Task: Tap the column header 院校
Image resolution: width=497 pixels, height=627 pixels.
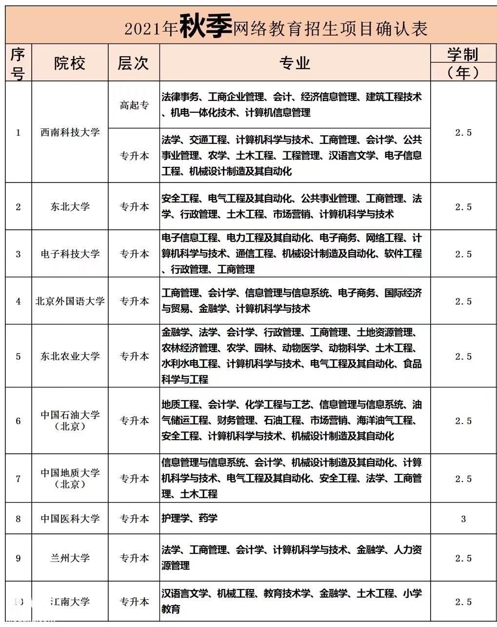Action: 70,63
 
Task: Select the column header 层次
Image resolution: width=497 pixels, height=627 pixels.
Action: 133,63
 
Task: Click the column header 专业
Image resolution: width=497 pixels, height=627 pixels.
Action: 295,63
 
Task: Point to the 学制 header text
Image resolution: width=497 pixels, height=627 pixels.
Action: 463,54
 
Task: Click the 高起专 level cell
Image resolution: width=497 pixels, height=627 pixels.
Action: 134,105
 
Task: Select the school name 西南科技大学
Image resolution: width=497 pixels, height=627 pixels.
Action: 70,132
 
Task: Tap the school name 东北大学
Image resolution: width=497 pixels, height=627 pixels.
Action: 70,207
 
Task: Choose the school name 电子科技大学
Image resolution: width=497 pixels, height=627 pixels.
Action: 70,254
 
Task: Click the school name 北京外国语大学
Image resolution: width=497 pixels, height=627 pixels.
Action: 70,301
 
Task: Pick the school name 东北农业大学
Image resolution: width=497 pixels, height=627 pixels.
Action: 70,356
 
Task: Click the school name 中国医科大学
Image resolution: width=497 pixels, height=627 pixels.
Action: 70,518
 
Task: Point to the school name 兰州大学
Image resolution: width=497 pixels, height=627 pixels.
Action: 70,558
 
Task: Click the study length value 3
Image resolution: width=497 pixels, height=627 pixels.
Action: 463,519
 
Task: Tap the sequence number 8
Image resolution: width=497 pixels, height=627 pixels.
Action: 19,519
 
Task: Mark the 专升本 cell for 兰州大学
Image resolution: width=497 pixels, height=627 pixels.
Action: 134,558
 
